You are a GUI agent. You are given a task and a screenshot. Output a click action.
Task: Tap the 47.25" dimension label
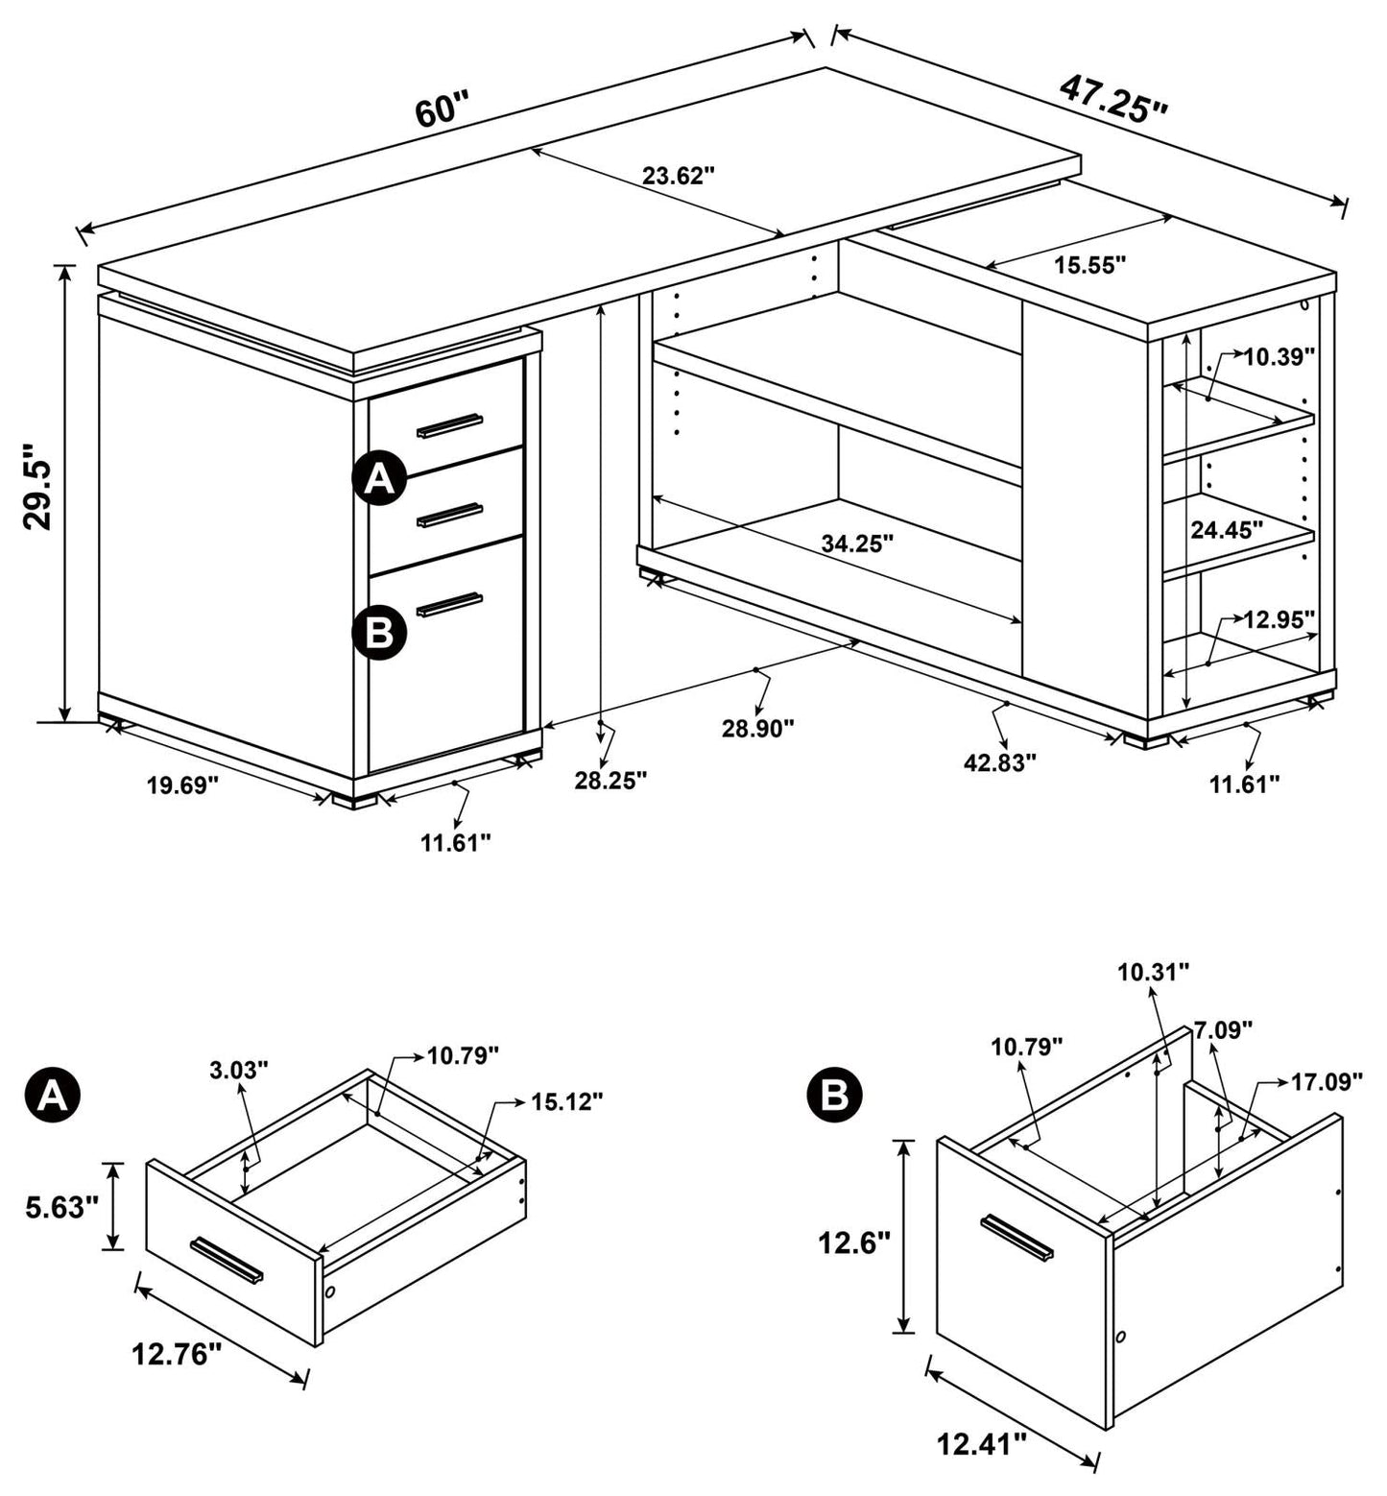1113,97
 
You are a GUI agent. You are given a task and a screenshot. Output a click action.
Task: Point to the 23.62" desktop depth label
679,176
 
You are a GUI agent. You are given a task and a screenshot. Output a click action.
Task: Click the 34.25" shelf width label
857,543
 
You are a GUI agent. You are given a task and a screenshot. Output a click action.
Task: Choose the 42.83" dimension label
1001,762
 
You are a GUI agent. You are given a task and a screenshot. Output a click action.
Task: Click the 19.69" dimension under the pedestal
183,785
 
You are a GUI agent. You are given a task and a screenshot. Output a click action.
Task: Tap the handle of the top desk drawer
449,425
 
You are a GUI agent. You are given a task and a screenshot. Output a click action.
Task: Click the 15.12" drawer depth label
566,1101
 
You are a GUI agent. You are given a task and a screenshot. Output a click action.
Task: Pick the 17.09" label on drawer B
1327,1082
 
